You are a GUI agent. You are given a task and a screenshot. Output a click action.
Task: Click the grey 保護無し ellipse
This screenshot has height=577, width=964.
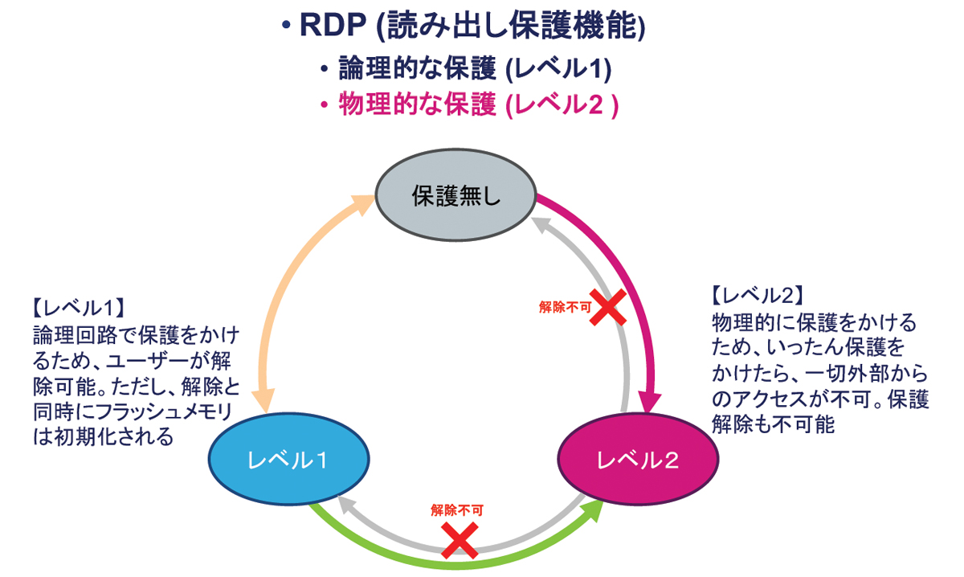[455, 197]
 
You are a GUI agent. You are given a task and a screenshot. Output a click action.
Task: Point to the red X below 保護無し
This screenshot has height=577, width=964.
[608, 308]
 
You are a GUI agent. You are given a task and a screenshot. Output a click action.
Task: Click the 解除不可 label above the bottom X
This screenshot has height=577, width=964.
[458, 509]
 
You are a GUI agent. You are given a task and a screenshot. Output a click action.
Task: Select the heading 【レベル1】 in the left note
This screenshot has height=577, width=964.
[76, 307]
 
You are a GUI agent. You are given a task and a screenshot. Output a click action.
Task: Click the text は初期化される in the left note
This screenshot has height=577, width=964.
[112, 437]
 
